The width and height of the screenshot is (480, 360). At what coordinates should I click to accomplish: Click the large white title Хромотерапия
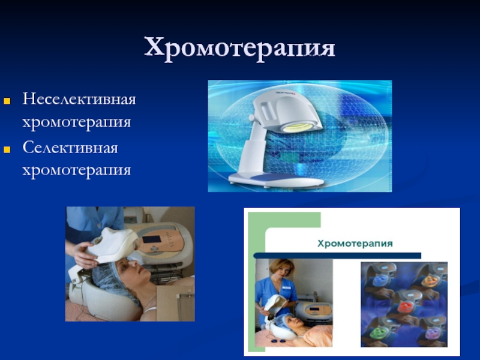pos(239,49)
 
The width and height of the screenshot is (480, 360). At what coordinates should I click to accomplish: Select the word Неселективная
pos(79,99)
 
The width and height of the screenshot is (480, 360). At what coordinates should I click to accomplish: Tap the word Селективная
pos(70,148)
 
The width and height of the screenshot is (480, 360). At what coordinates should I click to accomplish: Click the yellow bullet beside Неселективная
pos(7,101)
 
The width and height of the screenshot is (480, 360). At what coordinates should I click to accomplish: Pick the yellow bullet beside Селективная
pos(7,149)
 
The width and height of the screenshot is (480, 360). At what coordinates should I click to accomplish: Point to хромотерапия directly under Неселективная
pos(77,122)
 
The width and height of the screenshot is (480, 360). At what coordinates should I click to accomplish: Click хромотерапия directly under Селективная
pos(77,170)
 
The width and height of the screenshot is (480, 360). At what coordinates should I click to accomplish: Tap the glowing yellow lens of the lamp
pos(298,127)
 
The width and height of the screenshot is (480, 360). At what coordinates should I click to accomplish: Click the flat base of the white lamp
pos(276,179)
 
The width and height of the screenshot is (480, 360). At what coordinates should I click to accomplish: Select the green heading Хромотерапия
pos(355,244)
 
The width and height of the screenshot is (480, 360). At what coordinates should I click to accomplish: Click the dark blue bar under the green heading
pos(337,256)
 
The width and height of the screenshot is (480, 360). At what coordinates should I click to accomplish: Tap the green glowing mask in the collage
pos(378,333)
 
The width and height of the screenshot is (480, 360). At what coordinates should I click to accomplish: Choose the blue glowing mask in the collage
pos(381,280)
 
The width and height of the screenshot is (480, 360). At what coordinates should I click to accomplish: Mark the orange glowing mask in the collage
pos(430,281)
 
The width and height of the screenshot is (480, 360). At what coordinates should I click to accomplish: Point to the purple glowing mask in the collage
pos(433,333)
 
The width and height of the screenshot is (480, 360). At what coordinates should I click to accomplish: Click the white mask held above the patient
pos(112,245)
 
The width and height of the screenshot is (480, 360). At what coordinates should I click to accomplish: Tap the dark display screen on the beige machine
pos(152,239)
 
